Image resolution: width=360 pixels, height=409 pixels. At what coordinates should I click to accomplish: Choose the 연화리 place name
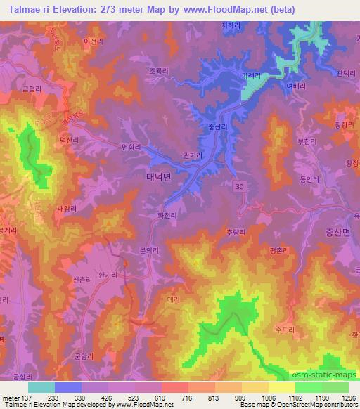132,147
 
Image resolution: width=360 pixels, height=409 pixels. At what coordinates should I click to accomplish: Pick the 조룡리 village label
160,71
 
